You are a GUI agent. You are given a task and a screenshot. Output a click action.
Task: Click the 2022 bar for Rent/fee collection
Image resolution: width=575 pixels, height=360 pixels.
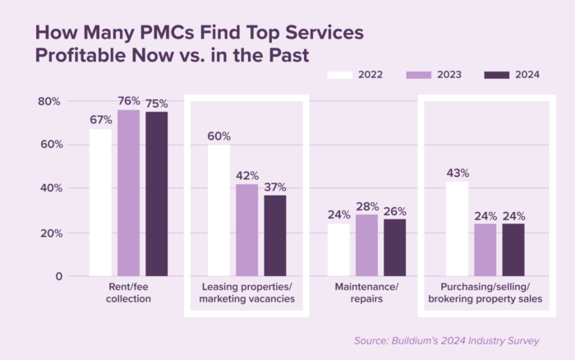(100, 203)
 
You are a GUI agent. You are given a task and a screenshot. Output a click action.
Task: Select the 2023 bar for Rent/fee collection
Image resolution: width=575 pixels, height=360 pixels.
(128, 193)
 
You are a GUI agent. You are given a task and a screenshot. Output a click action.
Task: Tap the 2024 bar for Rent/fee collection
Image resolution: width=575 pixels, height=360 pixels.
(156, 194)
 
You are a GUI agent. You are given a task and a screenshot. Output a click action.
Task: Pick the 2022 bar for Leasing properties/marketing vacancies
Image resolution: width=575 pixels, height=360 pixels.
(218, 210)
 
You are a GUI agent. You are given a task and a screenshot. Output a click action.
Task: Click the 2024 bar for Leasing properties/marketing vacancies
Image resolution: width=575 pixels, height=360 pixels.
(275, 235)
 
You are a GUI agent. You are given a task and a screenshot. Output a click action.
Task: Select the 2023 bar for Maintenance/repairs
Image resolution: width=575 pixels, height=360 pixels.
(366, 245)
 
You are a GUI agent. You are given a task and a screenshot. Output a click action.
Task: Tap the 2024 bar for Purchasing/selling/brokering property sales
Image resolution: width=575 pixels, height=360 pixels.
(513, 250)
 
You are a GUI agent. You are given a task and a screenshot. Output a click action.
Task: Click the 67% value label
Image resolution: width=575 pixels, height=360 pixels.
(100, 120)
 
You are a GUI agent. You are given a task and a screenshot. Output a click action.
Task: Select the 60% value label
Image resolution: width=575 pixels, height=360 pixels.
(218, 136)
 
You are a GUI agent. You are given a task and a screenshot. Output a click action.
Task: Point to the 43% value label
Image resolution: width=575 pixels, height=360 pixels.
(457, 173)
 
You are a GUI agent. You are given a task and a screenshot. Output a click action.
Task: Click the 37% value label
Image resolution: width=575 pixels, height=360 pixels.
(275, 186)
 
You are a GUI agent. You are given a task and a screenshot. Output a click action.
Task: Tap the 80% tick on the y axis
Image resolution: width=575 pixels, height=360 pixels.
(50, 101)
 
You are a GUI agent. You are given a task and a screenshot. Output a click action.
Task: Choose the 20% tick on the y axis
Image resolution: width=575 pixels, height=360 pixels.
(50, 233)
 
